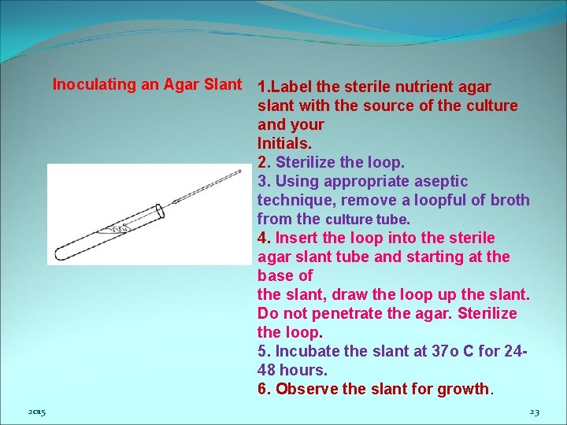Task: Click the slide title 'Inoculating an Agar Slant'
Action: click(x=146, y=85)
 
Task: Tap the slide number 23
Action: click(x=534, y=412)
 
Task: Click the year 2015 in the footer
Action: click(x=36, y=412)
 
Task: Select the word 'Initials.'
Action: click(x=284, y=143)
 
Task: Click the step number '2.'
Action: click(x=264, y=162)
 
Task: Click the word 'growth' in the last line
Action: click(x=465, y=389)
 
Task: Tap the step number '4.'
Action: click(x=264, y=238)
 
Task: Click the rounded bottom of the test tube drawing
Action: click(x=59, y=253)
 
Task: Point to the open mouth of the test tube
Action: click(x=161, y=211)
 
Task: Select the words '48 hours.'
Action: click(x=292, y=370)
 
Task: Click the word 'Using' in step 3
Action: click(x=295, y=181)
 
